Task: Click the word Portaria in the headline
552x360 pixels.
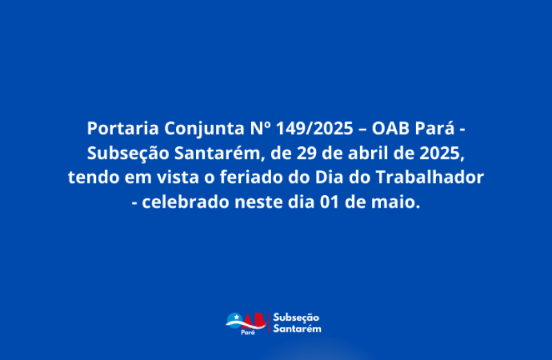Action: click(123, 128)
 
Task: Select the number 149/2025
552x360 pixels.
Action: click(315, 128)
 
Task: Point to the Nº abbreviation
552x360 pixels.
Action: click(261, 128)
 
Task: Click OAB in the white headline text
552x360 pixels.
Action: click(391, 128)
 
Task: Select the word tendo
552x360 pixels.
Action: click(93, 177)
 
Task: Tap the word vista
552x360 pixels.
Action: click(178, 177)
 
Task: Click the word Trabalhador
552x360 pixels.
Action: click(430, 177)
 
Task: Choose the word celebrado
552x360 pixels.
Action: click(186, 202)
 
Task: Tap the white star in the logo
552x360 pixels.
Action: click(237, 317)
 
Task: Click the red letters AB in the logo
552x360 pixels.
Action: click(254, 320)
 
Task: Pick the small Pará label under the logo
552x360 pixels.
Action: click(248, 332)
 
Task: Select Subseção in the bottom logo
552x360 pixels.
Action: click(296, 318)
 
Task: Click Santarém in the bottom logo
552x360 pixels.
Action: click(297, 329)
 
